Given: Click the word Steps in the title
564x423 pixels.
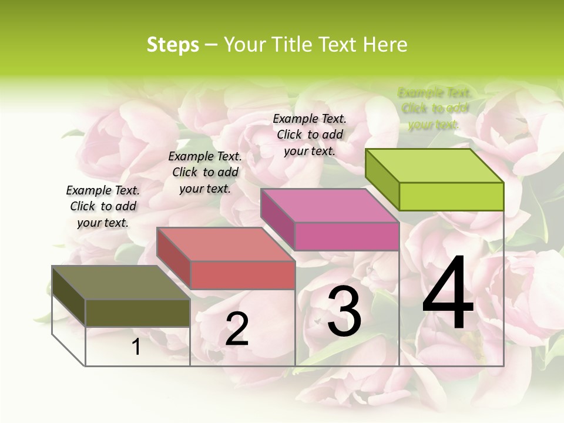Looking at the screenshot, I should point(173,45).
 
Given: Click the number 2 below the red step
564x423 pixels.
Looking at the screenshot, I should point(237,329).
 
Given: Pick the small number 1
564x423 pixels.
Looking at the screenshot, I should point(136,347).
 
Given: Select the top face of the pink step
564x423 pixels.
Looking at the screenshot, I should point(330,206).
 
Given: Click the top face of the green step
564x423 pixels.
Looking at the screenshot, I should point(434,166).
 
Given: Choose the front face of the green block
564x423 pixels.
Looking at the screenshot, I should point(451,196).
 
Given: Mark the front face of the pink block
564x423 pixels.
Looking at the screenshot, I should point(347,236).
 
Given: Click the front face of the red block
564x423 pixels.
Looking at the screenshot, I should point(242,275).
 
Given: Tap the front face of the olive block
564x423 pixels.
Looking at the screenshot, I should point(137,313).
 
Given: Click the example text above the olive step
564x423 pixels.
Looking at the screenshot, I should point(103,206).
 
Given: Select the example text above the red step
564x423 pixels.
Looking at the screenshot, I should point(205,172).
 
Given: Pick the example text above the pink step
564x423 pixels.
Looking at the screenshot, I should point(310,135).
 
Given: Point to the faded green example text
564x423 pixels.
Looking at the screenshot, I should point(434,108).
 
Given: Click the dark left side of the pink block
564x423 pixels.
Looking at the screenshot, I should point(277,219).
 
